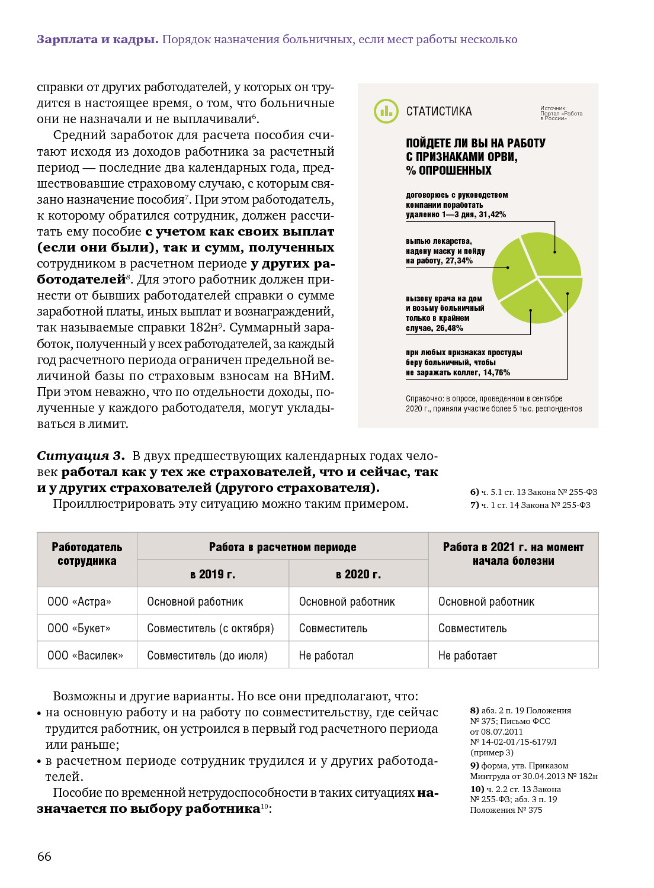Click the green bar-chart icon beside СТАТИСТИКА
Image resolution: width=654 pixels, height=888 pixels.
(x=386, y=111)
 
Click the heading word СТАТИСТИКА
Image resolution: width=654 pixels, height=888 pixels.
(x=439, y=111)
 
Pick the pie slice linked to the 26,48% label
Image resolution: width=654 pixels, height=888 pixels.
(x=531, y=305)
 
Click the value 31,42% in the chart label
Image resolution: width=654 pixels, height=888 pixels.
(x=492, y=215)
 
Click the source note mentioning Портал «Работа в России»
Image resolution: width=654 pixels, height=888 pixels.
(x=561, y=113)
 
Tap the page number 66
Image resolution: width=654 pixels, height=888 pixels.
(x=44, y=856)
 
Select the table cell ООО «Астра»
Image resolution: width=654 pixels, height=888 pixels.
(x=79, y=601)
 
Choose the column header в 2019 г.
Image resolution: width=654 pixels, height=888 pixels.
(x=213, y=574)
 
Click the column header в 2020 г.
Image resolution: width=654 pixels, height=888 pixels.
(x=358, y=574)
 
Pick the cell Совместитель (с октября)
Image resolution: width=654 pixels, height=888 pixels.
(x=210, y=628)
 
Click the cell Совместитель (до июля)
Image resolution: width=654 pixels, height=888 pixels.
(x=207, y=655)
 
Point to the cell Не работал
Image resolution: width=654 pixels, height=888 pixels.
(x=326, y=655)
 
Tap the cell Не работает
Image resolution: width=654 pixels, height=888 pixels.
(x=467, y=655)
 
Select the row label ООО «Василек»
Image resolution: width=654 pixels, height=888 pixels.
(x=85, y=655)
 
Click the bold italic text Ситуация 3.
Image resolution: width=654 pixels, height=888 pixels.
(x=81, y=456)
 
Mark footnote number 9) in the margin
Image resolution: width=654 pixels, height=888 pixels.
(x=475, y=765)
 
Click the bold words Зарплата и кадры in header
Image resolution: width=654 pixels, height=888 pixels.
(x=97, y=40)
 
